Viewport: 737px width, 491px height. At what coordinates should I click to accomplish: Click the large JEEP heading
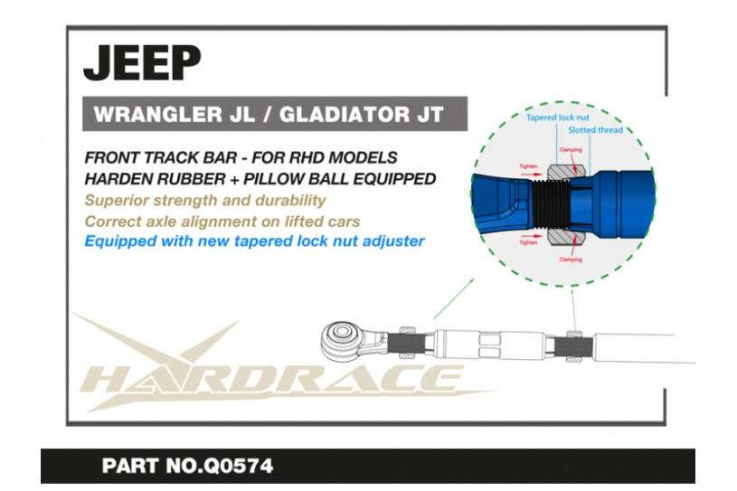pos(142,63)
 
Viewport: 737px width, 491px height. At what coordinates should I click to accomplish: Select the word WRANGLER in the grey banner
pos(158,114)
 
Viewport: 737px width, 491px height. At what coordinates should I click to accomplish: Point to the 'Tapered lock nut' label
pos(557,118)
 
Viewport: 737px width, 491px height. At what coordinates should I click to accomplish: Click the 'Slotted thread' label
pos(595,130)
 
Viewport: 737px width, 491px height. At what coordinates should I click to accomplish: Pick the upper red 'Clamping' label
pos(571,150)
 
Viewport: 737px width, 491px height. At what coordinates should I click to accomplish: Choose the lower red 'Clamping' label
pos(571,260)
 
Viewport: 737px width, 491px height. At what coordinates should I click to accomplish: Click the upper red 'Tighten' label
pos(528,166)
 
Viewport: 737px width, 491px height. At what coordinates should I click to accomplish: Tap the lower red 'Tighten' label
pos(528,242)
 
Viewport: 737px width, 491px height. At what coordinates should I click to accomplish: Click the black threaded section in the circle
pos(550,204)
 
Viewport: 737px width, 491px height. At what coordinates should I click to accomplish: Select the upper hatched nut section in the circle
pos(566,172)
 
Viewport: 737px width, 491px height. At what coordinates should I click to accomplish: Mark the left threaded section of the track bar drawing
pos(406,343)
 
